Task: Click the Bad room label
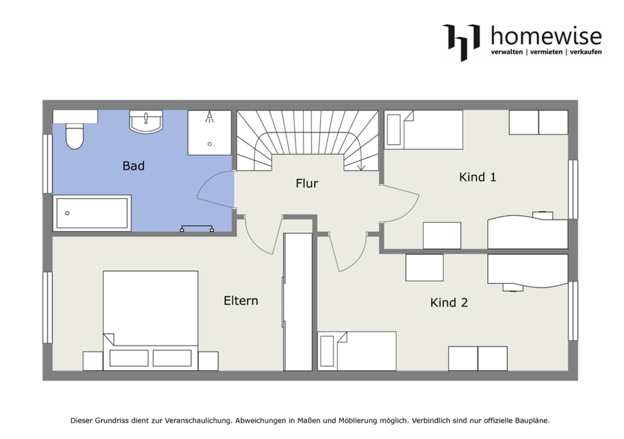[x=133, y=166]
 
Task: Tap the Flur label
[x=307, y=183]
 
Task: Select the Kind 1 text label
[x=478, y=177]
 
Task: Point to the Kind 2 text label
[x=449, y=302]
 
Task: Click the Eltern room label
[x=240, y=300]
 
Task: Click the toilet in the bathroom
[x=74, y=136]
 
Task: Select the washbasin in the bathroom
[x=146, y=122]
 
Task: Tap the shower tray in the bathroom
[x=209, y=133]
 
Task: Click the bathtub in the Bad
[x=92, y=213]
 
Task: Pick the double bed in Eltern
[x=150, y=321]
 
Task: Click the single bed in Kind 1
[x=423, y=130]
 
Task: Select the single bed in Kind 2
[x=357, y=351]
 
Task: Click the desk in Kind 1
[x=528, y=233]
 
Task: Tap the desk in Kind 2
[x=528, y=271]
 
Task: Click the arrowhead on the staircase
[x=361, y=167]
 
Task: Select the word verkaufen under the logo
[x=586, y=52]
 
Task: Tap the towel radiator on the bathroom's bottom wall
[x=196, y=228]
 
